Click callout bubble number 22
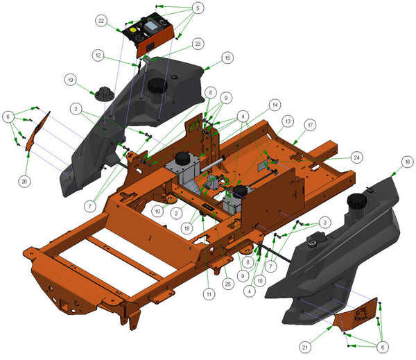(x=101, y=21)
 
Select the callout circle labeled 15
(x=227, y=58)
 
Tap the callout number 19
(x=71, y=80)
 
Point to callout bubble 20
(x=24, y=182)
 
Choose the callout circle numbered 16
(x=407, y=162)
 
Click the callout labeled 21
(x=305, y=347)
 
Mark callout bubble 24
(x=356, y=157)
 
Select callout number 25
(x=228, y=284)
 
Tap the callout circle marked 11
(x=209, y=294)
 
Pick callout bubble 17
(x=310, y=125)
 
